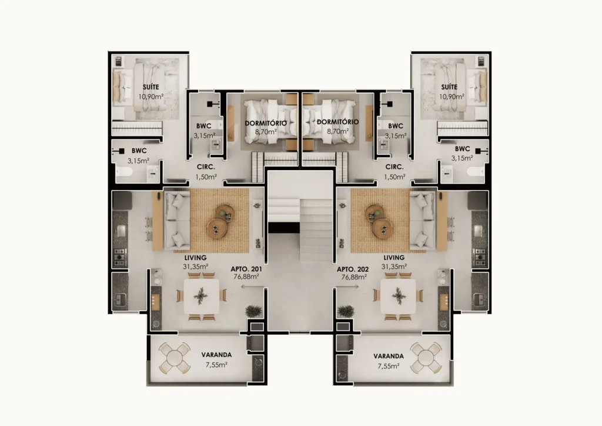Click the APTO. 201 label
point(246,269)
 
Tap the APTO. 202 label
point(353,269)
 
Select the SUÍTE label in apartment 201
point(151,87)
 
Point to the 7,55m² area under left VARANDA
point(216,365)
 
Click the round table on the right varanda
point(426,358)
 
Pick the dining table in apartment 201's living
point(201,296)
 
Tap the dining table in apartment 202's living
point(398,296)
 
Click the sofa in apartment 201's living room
point(177,221)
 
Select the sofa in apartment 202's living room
point(422,221)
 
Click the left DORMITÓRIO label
point(266,123)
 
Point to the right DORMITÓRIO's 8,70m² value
point(338,131)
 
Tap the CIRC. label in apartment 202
point(394,167)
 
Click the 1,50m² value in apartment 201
point(206,177)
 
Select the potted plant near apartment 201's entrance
point(254,311)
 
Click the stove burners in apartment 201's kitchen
point(120,257)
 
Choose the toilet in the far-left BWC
point(125,171)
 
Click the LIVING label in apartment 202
point(394,257)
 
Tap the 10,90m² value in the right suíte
point(451,96)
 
